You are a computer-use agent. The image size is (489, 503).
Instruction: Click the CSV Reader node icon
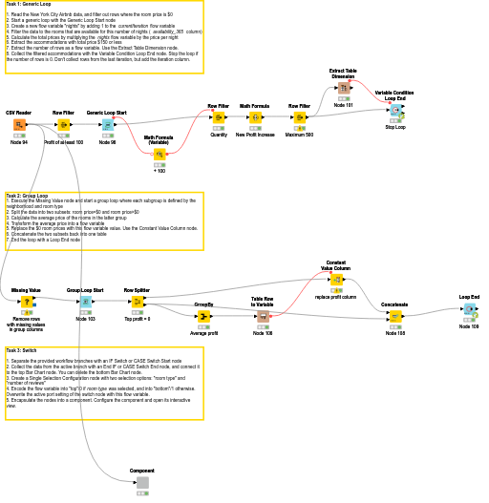(19, 124)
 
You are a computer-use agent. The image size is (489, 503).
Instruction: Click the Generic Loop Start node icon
(108, 124)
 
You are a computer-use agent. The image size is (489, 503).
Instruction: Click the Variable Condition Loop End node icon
(395, 111)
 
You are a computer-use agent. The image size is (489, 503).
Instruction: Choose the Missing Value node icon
(27, 302)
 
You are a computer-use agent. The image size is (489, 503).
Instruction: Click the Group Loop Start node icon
(85, 302)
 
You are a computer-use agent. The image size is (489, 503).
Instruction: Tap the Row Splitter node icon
(137, 302)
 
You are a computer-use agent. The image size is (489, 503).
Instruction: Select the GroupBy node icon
(203, 316)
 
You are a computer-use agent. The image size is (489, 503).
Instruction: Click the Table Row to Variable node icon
(263, 316)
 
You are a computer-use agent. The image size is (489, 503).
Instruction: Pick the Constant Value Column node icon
(336, 280)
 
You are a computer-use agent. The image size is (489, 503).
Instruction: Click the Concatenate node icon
(394, 316)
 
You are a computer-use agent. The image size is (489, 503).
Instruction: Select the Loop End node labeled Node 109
(469, 309)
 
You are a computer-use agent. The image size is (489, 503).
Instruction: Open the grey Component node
(142, 482)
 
